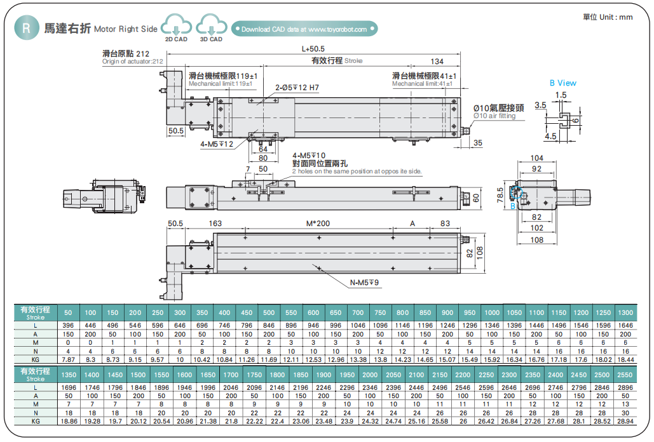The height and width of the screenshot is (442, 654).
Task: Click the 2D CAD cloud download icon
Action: point(176,27)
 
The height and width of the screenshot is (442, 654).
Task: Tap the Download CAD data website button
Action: point(304,29)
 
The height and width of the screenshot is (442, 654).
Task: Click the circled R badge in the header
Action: point(25,29)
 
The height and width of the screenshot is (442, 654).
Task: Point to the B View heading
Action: point(562,83)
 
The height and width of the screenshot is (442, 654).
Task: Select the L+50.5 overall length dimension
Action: point(313,49)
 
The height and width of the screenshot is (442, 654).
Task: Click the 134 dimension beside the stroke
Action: point(437,62)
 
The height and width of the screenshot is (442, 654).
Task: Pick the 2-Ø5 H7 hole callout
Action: point(297,88)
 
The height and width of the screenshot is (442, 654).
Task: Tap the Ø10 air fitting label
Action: point(499,112)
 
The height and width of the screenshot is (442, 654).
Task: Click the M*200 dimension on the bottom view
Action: point(318,224)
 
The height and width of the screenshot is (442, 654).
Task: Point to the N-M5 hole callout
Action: point(364,283)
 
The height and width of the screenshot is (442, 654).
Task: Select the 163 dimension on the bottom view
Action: point(215,224)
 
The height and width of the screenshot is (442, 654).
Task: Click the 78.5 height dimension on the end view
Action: point(501,193)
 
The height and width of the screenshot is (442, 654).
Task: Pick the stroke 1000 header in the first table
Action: point(491,312)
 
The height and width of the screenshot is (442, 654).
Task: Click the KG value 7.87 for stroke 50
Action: point(69,359)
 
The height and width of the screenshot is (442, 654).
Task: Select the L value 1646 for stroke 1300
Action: point(625,325)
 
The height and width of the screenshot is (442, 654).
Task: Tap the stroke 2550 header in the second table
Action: point(625,375)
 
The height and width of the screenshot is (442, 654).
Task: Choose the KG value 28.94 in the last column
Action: point(625,420)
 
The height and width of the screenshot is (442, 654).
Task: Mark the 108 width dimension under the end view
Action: point(537,240)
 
